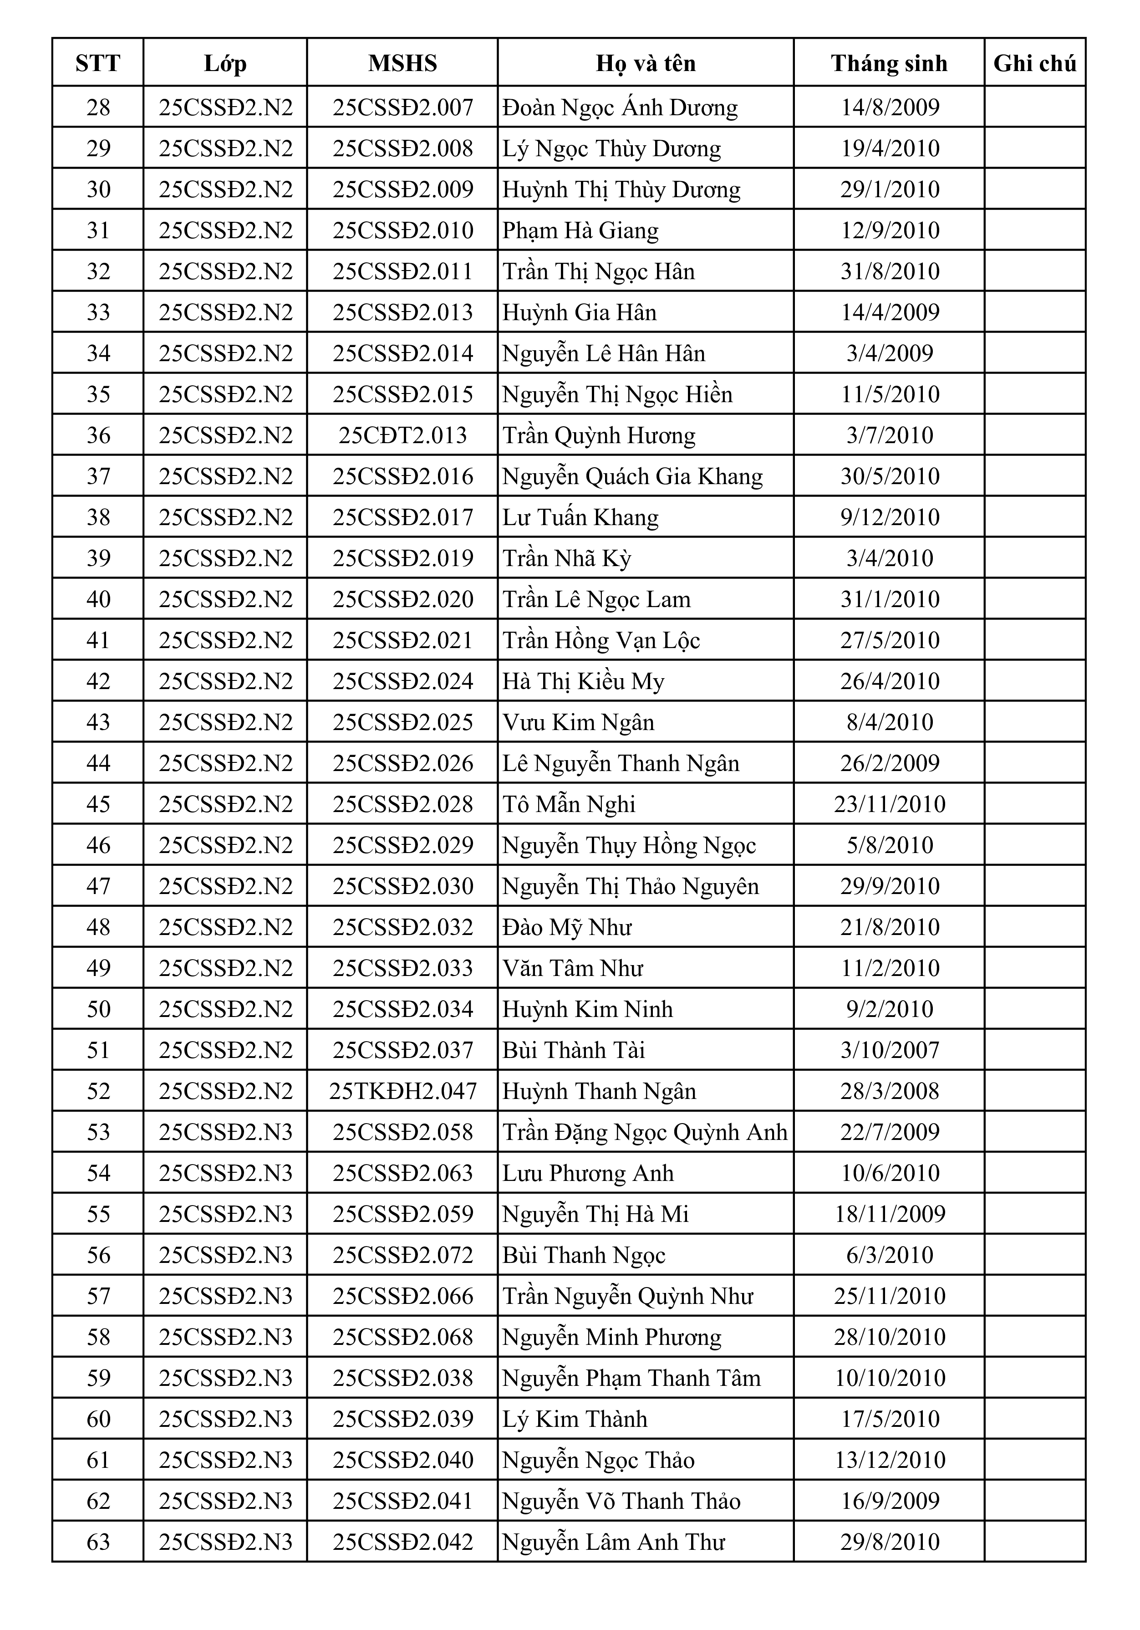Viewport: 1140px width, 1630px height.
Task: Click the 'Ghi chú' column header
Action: [x=1034, y=63]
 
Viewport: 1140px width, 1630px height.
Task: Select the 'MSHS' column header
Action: [x=402, y=63]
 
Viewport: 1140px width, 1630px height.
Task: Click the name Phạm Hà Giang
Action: [x=580, y=230]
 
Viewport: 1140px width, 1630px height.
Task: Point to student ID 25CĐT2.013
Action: [x=402, y=435]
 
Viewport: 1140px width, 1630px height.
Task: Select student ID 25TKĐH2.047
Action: [x=402, y=1091]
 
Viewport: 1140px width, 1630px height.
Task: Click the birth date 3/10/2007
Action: [x=890, y=1050]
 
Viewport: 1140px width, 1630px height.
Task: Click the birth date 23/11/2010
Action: [x=890, y=804]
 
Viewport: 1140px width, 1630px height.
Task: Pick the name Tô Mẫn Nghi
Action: [x=569, y=804]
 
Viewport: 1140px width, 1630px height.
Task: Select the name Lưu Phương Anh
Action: [x=588, y=1173]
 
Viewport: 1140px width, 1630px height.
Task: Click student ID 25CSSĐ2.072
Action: [x=402, y=1255]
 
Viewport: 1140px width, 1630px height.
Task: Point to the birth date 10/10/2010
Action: [x=890, y=1378]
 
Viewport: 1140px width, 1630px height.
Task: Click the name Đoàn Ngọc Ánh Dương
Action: [x=620, y=107]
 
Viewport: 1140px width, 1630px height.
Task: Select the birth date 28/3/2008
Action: [x=890, y=1091]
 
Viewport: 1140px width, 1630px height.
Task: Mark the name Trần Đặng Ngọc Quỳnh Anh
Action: [x=645, y=1132]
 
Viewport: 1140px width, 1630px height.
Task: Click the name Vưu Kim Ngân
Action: [x=578, y=722]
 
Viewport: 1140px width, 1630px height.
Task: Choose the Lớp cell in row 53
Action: [x=225, y=1132]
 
